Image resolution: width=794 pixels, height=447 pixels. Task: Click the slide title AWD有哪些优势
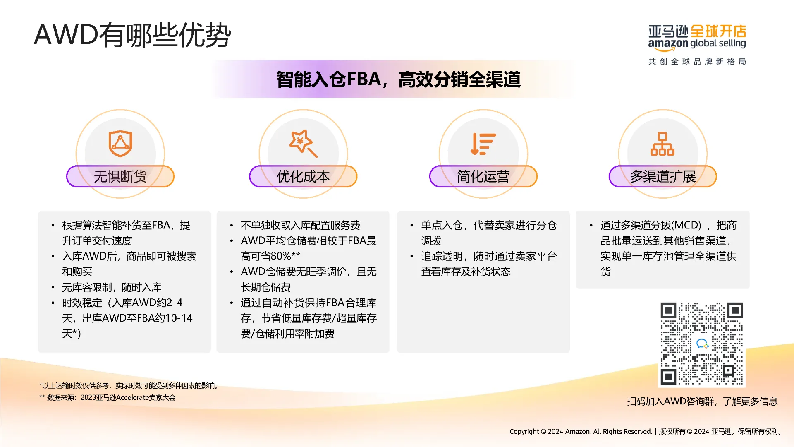pyautogui.click(x=132, y=35)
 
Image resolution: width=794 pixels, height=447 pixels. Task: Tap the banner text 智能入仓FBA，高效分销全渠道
pyautogui.click(x=398, y=79)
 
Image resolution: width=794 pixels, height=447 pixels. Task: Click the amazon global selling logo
pyautogui.click(x=697, y=38)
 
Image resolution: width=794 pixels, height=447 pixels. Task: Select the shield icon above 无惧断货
pyautogui.click(x=120, y=144)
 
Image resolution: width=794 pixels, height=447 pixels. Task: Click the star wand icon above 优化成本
pyautogui.click(x=304, y=144)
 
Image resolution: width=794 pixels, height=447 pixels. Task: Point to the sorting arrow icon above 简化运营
pyautogui.click(x=483, y=144)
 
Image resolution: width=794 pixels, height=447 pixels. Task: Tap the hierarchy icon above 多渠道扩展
pyautogui.click(x=662, y=144)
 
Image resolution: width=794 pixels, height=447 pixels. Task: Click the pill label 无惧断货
pyautogui.click(x=120, y=177)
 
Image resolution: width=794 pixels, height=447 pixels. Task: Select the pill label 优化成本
pyautogui.click(x=303, y=177)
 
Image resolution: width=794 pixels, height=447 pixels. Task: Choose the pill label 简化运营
pyautogui.click(x=483, y=177)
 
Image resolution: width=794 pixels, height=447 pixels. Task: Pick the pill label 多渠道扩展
pyautogui.click(x=663, y=177)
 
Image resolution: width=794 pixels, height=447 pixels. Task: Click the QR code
pyautogui.click(x=702, y=344)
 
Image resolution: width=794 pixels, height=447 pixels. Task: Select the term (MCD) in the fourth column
pyautogui.click(x=686, y=225)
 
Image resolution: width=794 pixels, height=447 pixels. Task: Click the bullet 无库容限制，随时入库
pyautogui.click(x=112, y=287)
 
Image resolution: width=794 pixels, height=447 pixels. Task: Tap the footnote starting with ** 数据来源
pyautogui.click(x=108, y=398)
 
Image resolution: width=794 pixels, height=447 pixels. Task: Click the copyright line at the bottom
pyautogui.click(x=646, y=431)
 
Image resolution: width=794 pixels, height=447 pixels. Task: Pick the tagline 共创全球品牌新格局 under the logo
pyautogui.click(x=697, y=62)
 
